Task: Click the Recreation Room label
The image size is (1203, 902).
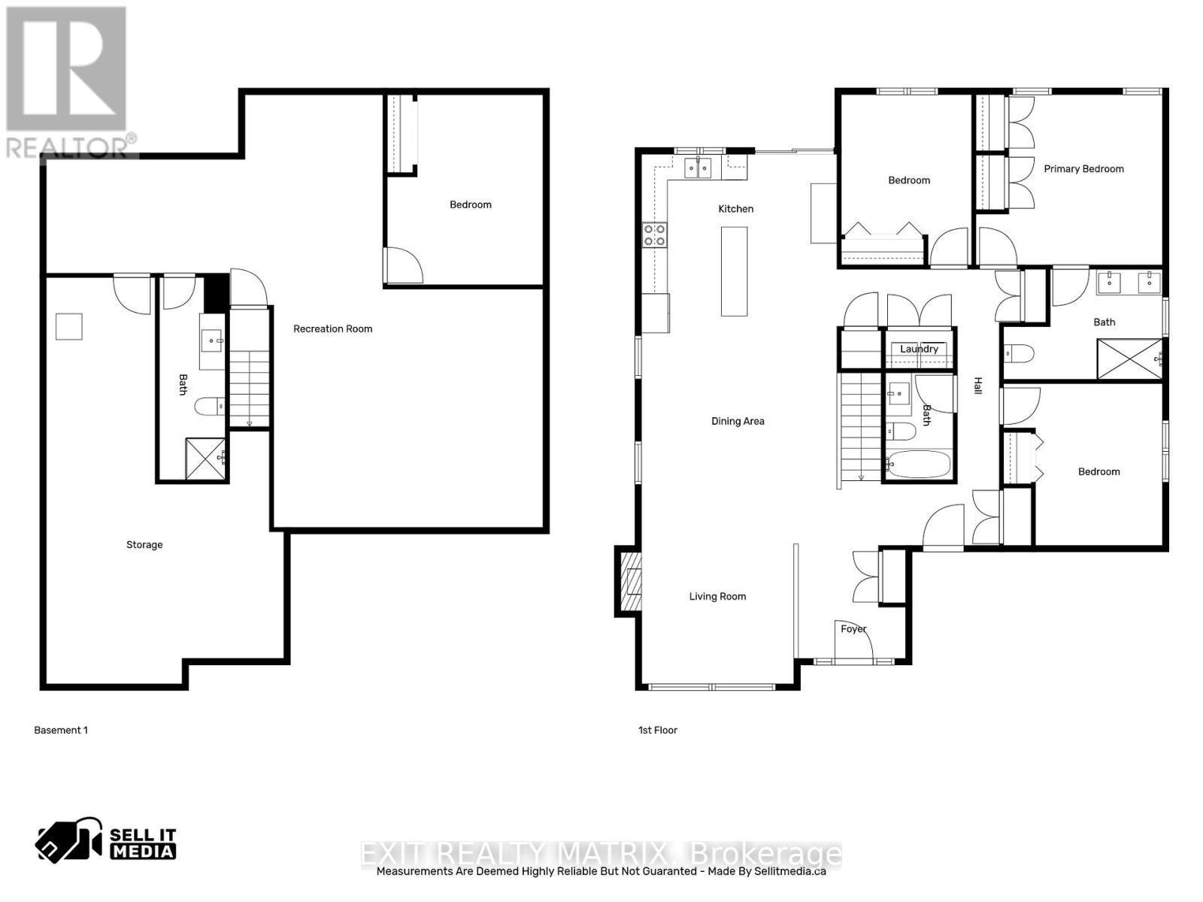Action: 332,328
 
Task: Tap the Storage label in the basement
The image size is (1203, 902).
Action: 144,545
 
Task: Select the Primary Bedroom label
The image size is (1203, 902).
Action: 1083,169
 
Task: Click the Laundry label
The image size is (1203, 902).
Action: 919,349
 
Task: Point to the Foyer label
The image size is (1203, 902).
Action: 853,629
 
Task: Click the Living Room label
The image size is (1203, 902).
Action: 717,597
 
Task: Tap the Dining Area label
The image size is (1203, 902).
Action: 738,422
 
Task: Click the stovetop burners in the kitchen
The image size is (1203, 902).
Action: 654,235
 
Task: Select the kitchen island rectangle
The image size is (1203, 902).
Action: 735,271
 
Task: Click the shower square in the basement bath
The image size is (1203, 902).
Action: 205,459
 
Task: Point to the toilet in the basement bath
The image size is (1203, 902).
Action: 209,407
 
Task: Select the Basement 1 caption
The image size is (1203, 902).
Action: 61,730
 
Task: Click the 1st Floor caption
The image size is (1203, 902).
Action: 658,730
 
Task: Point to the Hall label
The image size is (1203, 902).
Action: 978,386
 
